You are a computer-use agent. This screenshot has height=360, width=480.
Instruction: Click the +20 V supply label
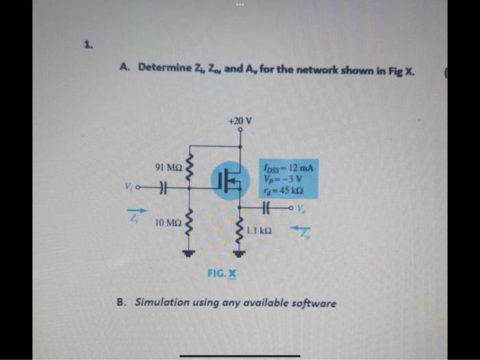pyautogui.click(x=240, y=121)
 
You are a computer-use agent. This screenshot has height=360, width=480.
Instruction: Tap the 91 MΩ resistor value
pyautogui.click(x=169, y=167)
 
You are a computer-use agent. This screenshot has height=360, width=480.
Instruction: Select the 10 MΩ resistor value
pyautogui.click(x=169, y=223)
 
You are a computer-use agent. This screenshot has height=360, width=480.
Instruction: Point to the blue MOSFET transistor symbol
pyautogui.click(x=230, y=180)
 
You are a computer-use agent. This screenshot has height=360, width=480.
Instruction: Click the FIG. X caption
pyautogui.click(x=221, y=274)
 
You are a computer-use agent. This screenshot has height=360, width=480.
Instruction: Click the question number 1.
pyautogui.click(x=88, y=45)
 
